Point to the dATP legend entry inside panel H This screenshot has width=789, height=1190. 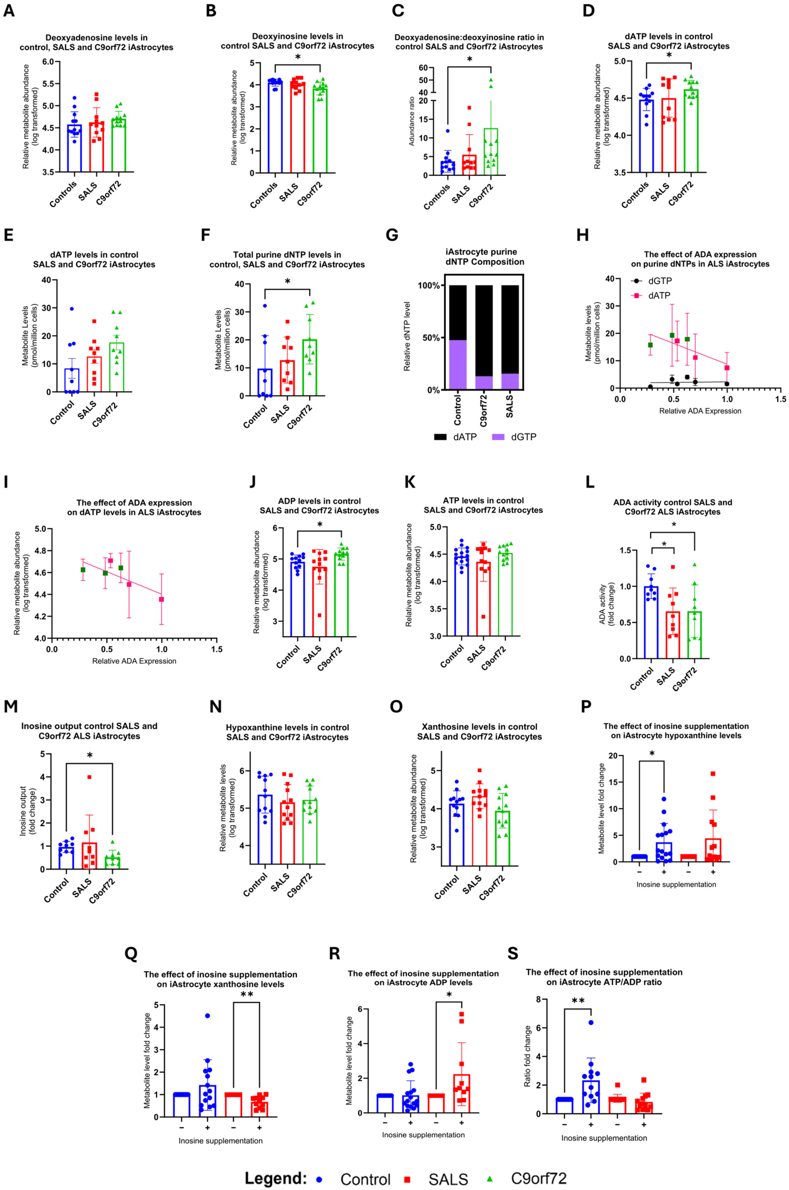click(x=652, y=295)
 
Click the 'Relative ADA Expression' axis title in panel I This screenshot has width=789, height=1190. click(x=134, y=661)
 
